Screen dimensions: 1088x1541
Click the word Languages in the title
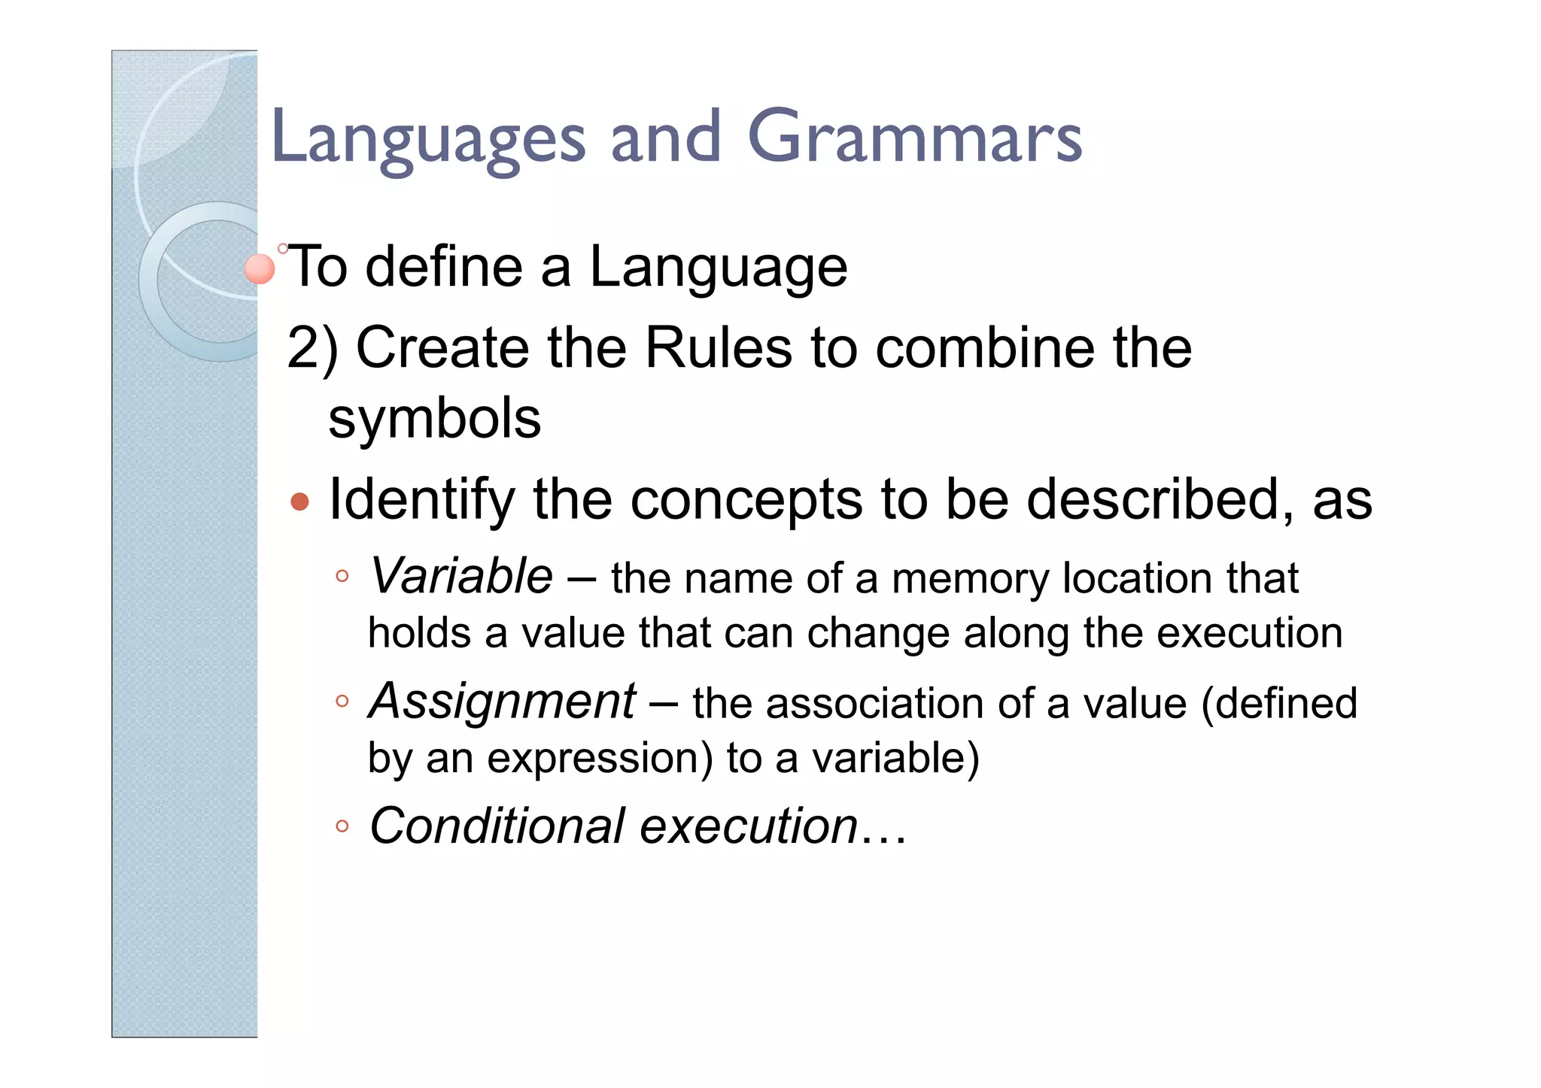[x=427, y=139]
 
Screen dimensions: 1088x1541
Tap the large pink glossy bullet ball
[x=260, y=269]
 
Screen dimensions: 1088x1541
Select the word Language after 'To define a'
[x=718, y=268]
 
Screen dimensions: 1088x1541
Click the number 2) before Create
[x=312, y=348]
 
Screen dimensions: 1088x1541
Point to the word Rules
[x=719, y=348]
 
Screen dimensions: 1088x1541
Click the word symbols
[x=434, y=419]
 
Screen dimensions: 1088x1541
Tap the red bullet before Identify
[x=299, y=502]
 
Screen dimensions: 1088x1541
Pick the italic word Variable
[x=461, y=577]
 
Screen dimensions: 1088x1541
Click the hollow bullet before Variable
[x=342, y=577]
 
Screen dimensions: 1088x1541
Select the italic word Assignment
[x=502, y=701]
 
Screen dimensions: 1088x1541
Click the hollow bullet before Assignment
[x=342, y=702]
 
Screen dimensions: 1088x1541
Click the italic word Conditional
[x=497, y=826]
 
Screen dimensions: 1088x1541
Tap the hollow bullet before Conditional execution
[x=342, y=826]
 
